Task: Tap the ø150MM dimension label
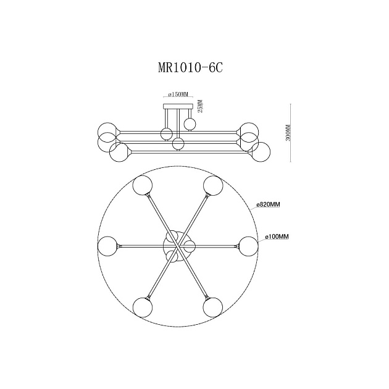pos(178,95)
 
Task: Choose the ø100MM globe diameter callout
pos(277,236)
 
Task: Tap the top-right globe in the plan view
pos(213,185)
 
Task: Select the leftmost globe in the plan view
pos(107,245)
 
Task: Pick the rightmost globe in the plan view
pos(249,245)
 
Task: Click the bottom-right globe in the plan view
pos(213,306)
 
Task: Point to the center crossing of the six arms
pos(178,245)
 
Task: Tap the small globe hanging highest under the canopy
pos(189,124)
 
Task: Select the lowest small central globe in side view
pos(178,144)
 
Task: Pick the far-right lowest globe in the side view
pos(261,152)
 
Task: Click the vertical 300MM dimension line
pos(291,133)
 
